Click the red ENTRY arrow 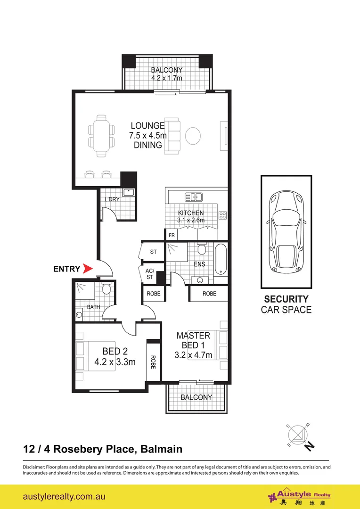[87, 269]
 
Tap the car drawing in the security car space [286, 231]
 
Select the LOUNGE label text [147, 126]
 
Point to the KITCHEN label [191, 213]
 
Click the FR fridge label [172, 234]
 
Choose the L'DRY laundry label [112, 199]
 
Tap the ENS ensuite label [200, 264]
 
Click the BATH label [93, 307]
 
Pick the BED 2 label [115, 351]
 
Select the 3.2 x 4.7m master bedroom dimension [194, 355]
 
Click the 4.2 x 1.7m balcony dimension [166, 78]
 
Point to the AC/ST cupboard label [150, 274]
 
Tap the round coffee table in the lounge [193, 136]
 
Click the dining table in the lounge [101, 135]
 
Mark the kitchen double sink [193, 197]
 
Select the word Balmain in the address [161, 449]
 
